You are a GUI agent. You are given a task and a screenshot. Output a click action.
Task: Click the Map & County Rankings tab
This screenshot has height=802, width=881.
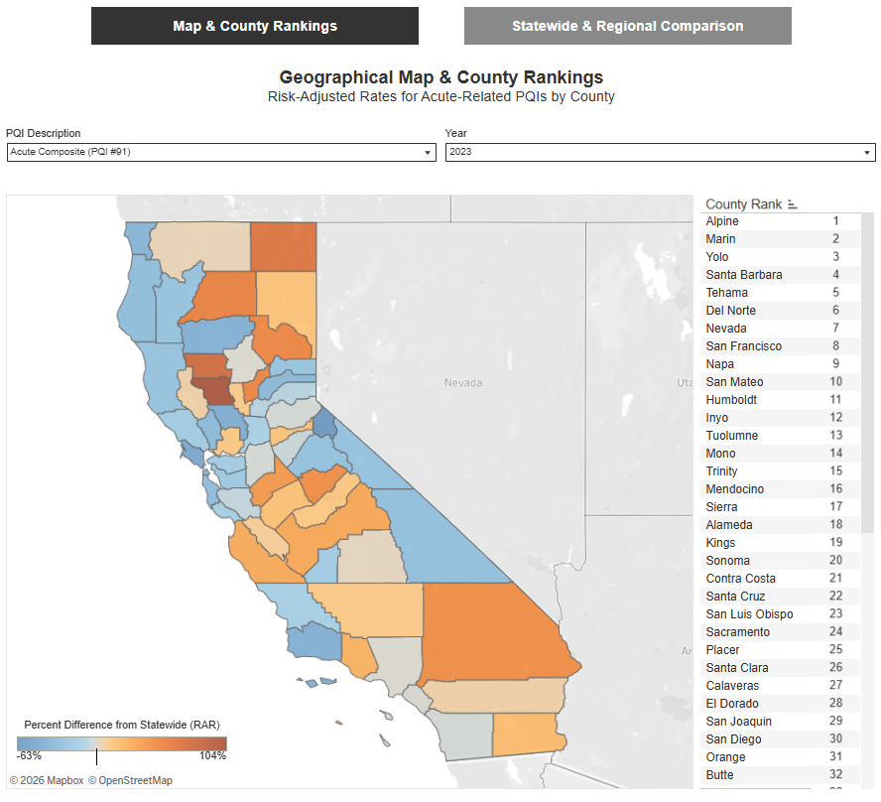[255, 26]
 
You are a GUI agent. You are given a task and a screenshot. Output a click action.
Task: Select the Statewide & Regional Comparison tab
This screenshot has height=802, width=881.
[627, 26]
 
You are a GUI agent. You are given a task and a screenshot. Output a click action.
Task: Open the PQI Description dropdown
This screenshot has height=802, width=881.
[220, 152]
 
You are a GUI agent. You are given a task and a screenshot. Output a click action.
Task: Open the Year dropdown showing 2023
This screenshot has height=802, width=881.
[660, 152]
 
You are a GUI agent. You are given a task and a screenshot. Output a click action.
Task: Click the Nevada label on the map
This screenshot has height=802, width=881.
[462, 382]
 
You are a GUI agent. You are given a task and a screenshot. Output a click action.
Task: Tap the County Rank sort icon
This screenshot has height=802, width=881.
[793, 204]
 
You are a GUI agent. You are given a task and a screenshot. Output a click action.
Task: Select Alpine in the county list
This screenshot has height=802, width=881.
[722, 221]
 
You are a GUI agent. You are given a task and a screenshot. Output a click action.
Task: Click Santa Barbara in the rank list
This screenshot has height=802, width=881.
[744, 275]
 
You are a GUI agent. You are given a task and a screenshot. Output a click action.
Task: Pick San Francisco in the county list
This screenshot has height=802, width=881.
[744, 346]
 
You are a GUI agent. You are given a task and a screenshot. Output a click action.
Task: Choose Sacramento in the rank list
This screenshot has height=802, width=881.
[738, 632]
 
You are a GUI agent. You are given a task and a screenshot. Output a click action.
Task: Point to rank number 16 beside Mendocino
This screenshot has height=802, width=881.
[835, 489]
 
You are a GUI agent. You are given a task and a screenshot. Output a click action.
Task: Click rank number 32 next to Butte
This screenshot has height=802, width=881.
[835, 775]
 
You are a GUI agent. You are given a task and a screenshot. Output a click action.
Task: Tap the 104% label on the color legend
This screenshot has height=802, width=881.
[212, 756]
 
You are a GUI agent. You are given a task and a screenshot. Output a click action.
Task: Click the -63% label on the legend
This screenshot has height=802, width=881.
[30, 756]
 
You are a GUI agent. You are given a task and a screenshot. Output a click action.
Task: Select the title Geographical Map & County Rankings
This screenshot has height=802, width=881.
[440, 76]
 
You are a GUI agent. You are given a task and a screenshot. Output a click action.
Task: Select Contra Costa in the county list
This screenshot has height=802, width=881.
[741, 579]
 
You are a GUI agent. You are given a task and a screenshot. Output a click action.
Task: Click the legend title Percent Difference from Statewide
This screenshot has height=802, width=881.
[122, 724]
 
